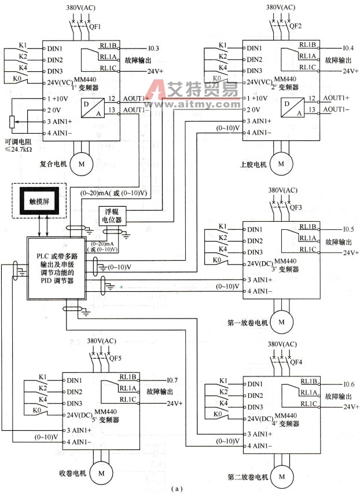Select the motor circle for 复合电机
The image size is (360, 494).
[81, 164]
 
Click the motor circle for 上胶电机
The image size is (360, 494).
[281, 164]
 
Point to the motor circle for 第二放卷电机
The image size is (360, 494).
[282, 476]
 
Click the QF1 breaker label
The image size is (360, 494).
[95, 27]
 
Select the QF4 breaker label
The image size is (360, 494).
[295, 362]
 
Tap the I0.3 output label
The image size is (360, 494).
[153, 48]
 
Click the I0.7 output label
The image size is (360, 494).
[172, 380]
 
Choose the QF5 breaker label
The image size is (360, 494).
[115, 357]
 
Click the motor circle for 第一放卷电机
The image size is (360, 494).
[282, 320]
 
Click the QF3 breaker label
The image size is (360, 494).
[295, 207]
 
